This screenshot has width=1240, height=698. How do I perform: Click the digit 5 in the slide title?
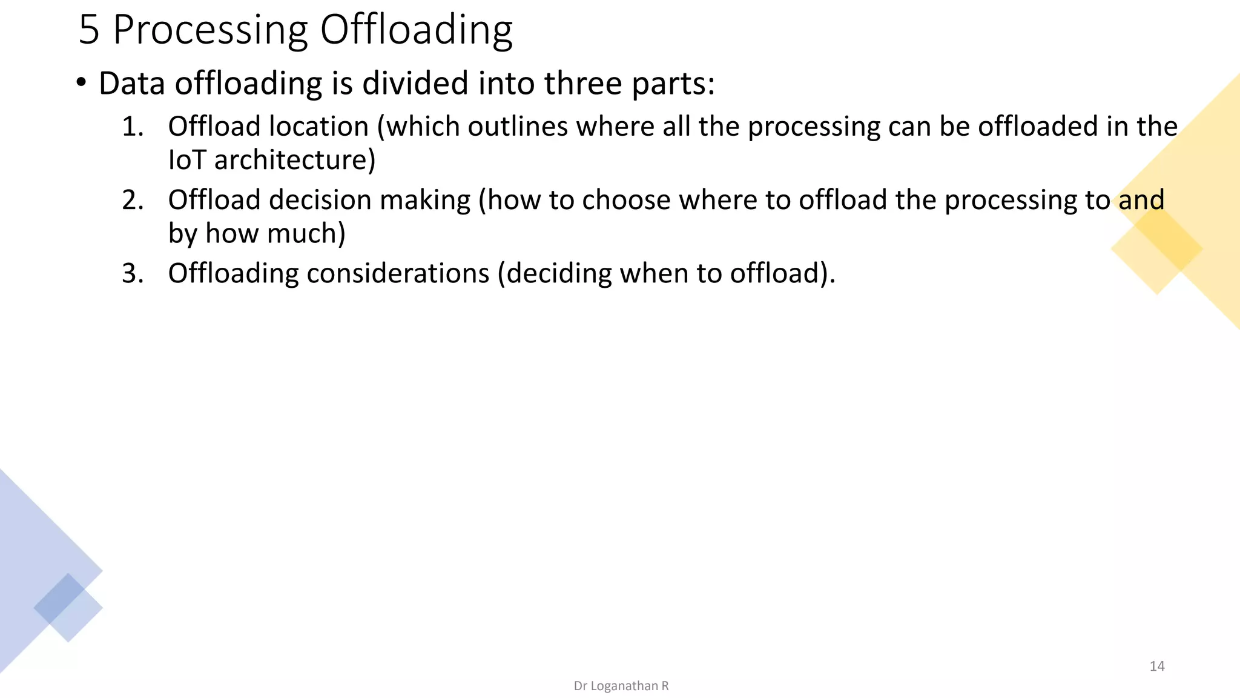click(88, 30)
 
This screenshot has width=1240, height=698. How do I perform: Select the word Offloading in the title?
click(416, 30)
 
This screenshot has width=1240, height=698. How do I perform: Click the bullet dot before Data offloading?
click(81, 82)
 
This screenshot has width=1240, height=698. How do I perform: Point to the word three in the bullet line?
click(582, 84)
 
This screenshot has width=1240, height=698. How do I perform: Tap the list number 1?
click(133, 127)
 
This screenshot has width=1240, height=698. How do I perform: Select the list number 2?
click(133, 201)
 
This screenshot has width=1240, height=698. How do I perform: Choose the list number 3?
click(133, 274)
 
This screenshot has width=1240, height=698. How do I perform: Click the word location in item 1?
click(318, 127)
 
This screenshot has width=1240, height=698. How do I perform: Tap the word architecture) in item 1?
click(295, 161)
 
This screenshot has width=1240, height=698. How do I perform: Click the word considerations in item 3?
click(398, 274)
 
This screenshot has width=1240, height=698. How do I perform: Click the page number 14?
click(1157, 666)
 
